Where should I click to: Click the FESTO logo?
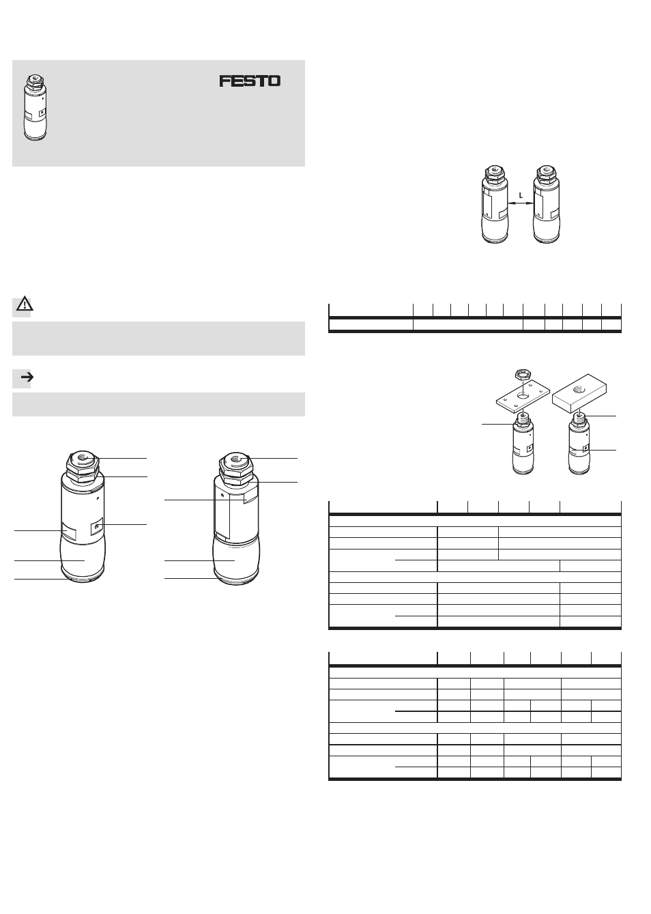pyautogui.click(x=250, y=81)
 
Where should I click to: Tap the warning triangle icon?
pyautogui.click(x=25, y=304)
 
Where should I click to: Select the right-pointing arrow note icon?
pyautogui.click(x=27, y=377)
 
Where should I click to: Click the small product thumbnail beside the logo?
pyautogui.click(x=35, y=108)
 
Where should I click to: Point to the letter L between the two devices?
pyautogui.click(x=521, y=195)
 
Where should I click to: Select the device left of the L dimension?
pyautogui.click(x=495, y=205)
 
